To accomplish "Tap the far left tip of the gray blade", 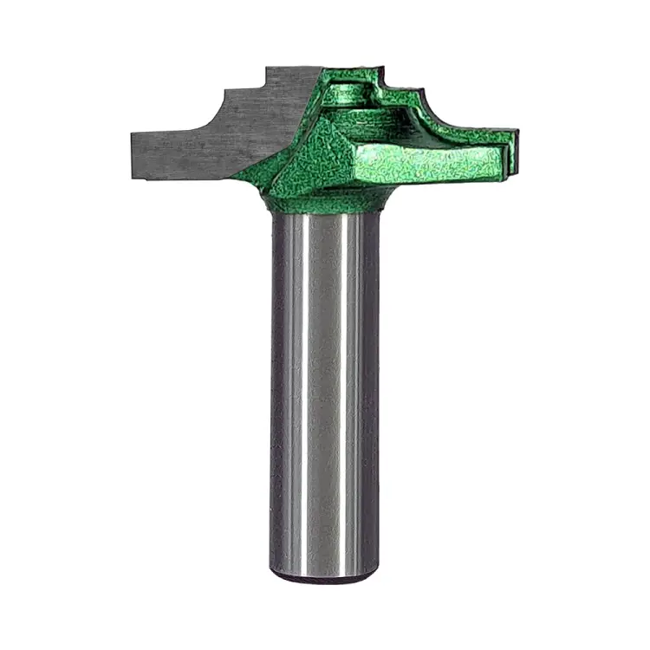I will [134, 156].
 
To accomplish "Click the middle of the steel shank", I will [325, 390].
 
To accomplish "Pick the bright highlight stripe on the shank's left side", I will [296, 390].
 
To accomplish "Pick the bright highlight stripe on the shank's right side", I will [351, 390].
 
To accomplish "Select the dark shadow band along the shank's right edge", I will [372, 390].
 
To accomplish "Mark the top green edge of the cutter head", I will [351, 72].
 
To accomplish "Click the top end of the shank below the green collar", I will [325, 221].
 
